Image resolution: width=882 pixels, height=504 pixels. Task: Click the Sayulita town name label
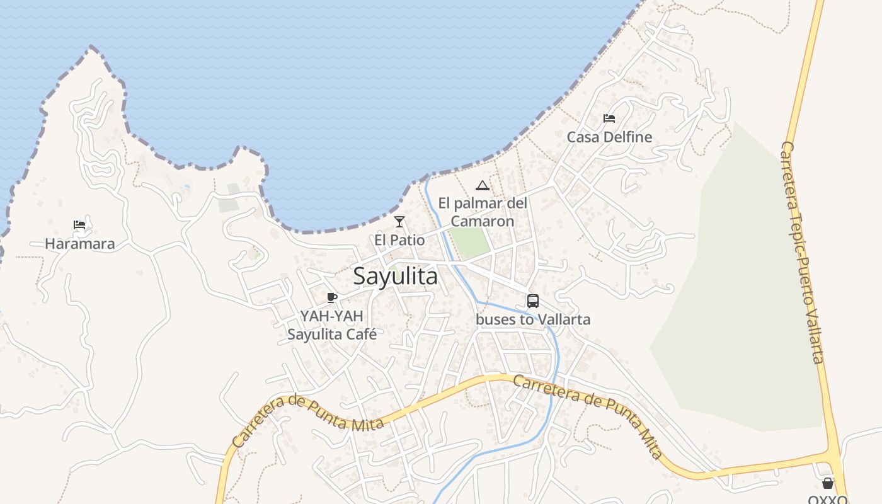point(395,276)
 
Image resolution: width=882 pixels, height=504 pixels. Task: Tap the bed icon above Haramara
point(79,224)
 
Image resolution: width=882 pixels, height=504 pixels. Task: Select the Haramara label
point(80,244)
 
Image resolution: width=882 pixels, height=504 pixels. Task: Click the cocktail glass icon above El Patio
point(399,221)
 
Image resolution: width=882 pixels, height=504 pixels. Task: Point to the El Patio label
point(399,240)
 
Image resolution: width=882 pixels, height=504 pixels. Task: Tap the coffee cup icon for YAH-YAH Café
point(332,297)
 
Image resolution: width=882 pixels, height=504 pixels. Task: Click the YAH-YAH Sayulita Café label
point(332,325)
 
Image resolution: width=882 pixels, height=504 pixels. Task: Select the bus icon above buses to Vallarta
point(533,301)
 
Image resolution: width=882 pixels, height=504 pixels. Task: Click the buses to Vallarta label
point(533,319)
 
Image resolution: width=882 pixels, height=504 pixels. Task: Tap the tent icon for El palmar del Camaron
point(483,185)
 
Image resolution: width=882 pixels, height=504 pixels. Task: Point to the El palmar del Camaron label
point(483,212)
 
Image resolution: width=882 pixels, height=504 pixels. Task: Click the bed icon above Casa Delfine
point(609,118)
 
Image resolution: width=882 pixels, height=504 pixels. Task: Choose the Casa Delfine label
point(609,137)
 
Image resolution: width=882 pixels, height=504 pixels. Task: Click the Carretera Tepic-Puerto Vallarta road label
point(802,252)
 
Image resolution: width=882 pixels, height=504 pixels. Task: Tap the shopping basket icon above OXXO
point(828,483)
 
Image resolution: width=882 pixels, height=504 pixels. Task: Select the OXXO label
point(828,500)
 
